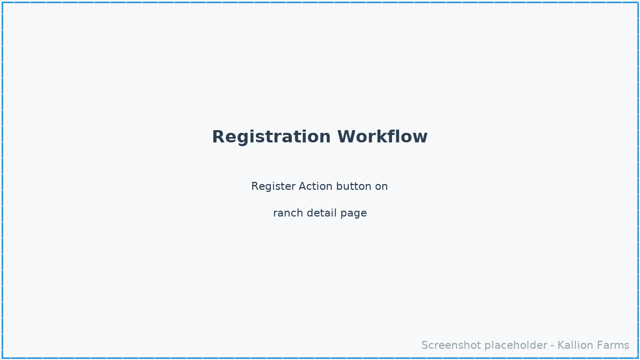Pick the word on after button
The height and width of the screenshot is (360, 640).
(381, 187)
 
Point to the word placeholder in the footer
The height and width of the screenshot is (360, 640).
(511, 346)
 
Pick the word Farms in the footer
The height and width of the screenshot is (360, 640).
(613, 346)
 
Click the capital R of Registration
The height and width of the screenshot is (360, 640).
(218, 137)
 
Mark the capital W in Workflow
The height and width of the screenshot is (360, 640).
(347, 137)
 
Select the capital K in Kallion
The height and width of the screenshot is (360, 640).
(561, 346)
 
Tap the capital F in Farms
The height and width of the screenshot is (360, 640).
(599, 346)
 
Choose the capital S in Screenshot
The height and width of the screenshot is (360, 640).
(425, 346)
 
